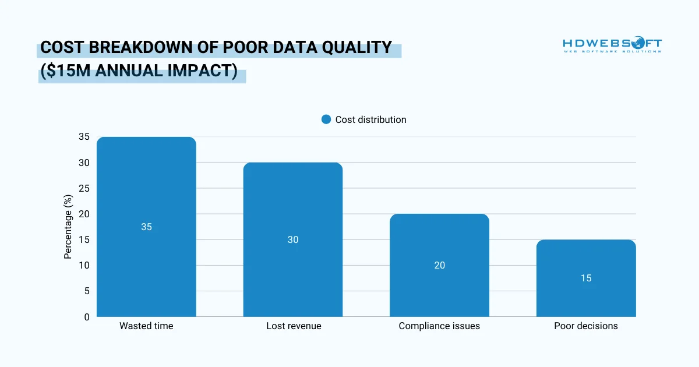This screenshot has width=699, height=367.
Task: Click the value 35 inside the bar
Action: (x=146, y=227)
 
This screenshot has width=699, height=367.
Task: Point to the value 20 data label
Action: (x=439, y=265)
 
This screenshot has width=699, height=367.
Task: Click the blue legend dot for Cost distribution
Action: (x=326, y=119)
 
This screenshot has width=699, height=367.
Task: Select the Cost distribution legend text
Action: (x=370, y=119)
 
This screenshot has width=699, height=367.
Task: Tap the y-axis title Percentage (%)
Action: (x=68, y=227)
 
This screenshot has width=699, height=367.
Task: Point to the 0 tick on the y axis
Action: (x=87, y=317)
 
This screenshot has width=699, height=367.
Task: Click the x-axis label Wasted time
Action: (x=146, y=326)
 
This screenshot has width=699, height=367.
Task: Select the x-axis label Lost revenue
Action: (x=294, y=326)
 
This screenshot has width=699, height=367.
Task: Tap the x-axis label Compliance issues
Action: (x=439, y=326)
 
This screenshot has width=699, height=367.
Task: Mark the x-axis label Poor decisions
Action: (x=586, y=326)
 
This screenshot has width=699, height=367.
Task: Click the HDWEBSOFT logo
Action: (x=612, y=45)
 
